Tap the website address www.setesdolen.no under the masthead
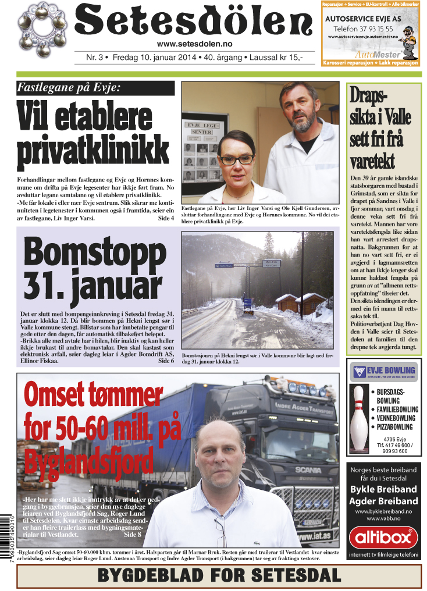[194, 44]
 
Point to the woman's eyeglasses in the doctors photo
[236, 158]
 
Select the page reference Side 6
[166, 361]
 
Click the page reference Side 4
[166, 219]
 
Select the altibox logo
[384, 537]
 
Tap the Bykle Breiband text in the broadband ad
[384, 489]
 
